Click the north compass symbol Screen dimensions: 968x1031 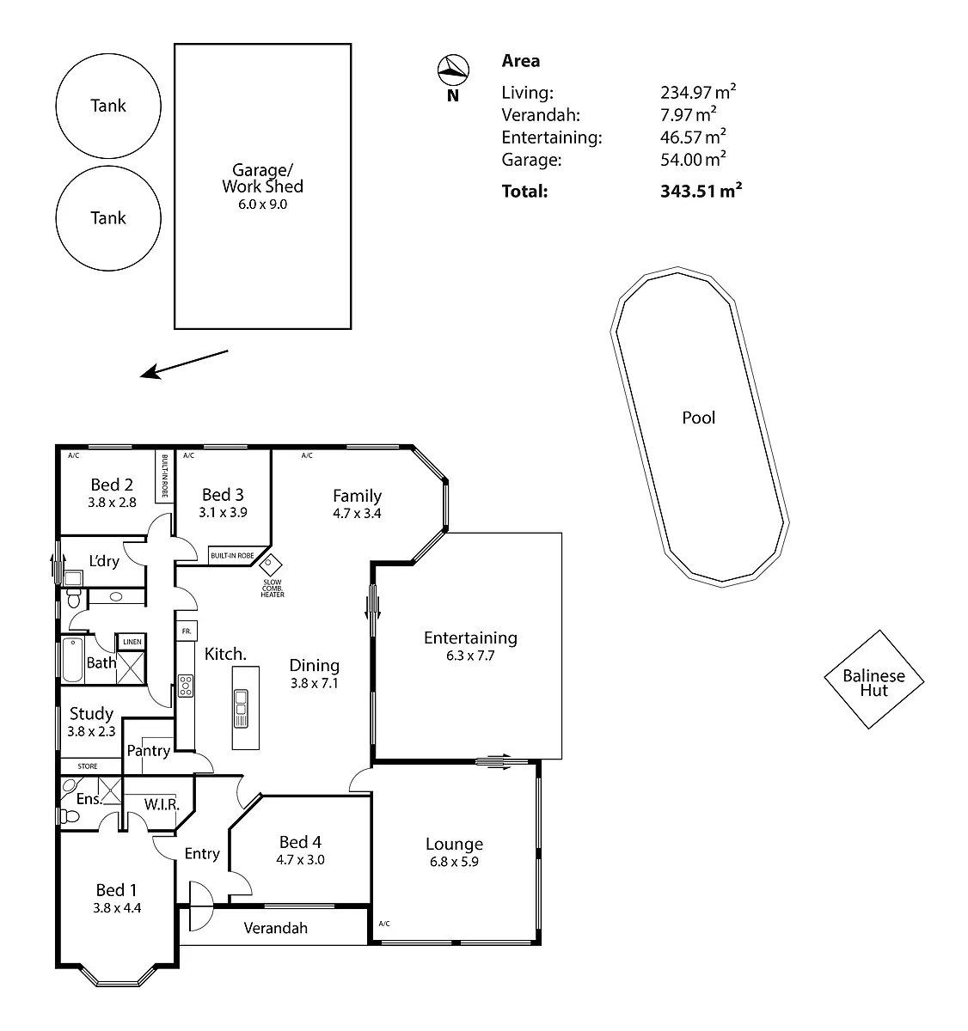tap(453, 69)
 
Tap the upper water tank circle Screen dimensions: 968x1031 tap(108, 106)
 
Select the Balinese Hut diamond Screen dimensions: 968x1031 tap(873, 680)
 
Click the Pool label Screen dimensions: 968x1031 tap(699, 418)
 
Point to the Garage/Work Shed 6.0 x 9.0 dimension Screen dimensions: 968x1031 tap(262, 204)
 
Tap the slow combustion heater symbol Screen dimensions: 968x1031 tap(272, 564)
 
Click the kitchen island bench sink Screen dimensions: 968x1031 tap(239, 704)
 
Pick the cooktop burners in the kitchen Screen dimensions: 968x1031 tap(186, 685)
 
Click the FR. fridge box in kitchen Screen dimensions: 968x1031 tap(187, 630)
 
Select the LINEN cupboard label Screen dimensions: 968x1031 tap(132, 642)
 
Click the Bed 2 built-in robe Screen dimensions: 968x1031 tap(163, 477)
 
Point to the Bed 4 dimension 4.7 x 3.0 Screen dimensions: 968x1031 tap(300, 859)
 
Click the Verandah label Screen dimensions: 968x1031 tap(275, 928)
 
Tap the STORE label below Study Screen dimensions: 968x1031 tap(89, 766)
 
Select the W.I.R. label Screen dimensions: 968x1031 tap(162, 805)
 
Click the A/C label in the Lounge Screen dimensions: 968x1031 tap(384, 924)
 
